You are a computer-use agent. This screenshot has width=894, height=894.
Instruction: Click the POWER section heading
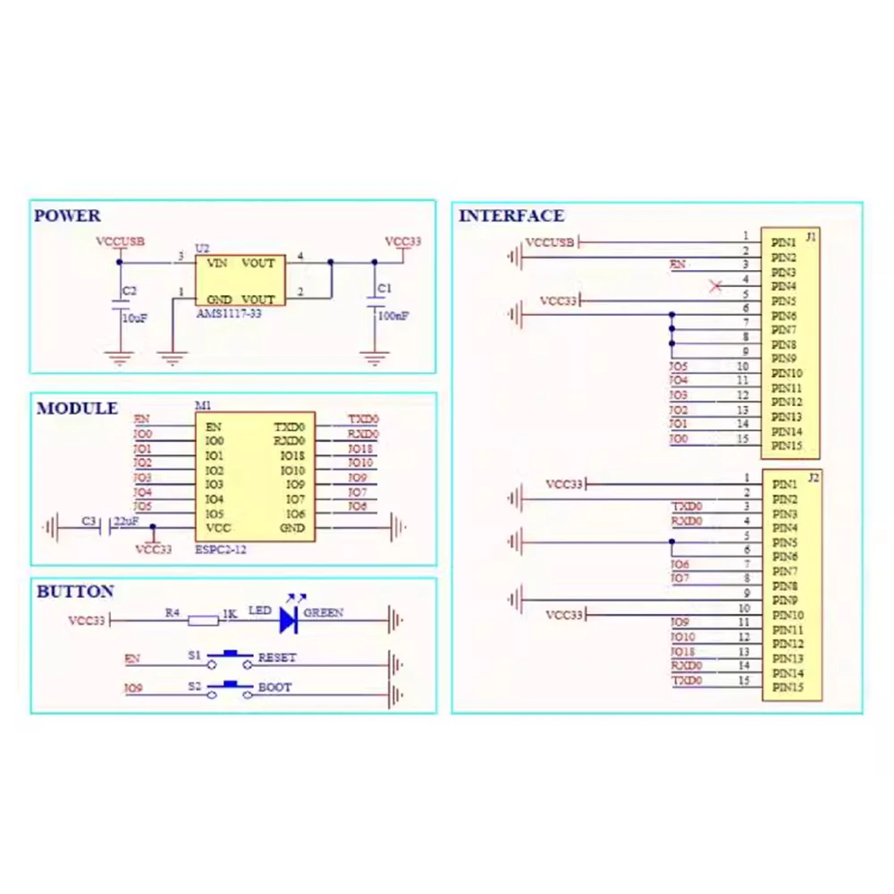(x=67, y=215)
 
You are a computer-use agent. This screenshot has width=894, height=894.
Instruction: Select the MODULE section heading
(x=77, y=409)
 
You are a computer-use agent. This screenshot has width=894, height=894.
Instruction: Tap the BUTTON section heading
(x=75, y=592)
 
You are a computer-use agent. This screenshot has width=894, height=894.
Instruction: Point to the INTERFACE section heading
(x=511, y=215)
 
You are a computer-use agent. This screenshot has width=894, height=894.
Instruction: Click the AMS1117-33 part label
(x=229, y=315)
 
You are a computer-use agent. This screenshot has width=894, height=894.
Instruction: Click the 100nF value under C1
(x=393, y=316)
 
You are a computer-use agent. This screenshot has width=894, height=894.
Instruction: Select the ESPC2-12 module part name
(x=220, y=550)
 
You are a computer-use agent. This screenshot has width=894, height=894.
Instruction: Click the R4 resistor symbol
(x=205, y=619)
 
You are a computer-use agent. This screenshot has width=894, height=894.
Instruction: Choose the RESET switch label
(x=277, y=658)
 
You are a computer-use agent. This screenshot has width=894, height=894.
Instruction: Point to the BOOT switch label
(x=274, y=688)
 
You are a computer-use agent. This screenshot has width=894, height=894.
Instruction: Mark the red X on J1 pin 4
(x=715, y=286)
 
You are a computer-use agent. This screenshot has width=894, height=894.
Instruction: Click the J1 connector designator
(x=811, y=237)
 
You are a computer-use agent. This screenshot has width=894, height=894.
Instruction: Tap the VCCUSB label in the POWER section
(x=121, y=241)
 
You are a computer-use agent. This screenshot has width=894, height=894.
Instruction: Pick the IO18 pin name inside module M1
(x=292, y=456)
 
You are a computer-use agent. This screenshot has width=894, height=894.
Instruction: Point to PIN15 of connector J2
(x=788, y=687)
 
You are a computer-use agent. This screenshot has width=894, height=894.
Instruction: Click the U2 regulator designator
(x=202, y=248)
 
